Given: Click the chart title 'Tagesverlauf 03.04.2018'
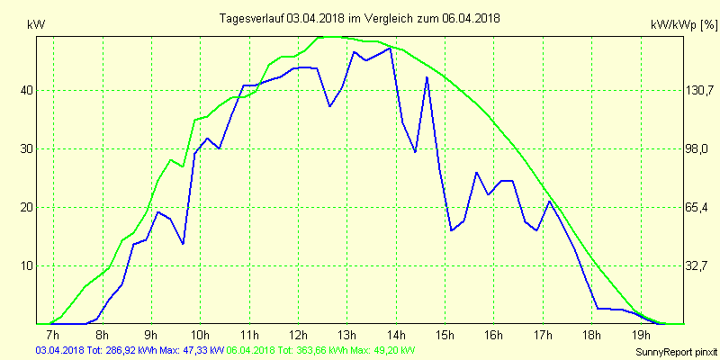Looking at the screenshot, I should (361, 18).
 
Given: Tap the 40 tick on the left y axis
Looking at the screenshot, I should (27, 90).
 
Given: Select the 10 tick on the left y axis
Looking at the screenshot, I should (27, 265).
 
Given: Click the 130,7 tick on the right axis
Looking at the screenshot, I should (697, 90).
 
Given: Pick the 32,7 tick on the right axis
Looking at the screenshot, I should (697, 265).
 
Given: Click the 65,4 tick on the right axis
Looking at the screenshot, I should (697, 207).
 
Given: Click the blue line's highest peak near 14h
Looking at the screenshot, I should (390, 49).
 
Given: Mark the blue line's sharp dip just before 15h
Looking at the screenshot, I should (415, 152).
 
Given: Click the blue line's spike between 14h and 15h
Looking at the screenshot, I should (427, 77).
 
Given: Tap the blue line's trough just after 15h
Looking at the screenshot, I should (452, 230).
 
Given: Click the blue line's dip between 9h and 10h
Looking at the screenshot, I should (183, 244).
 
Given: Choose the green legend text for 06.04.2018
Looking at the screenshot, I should (321, 350).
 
